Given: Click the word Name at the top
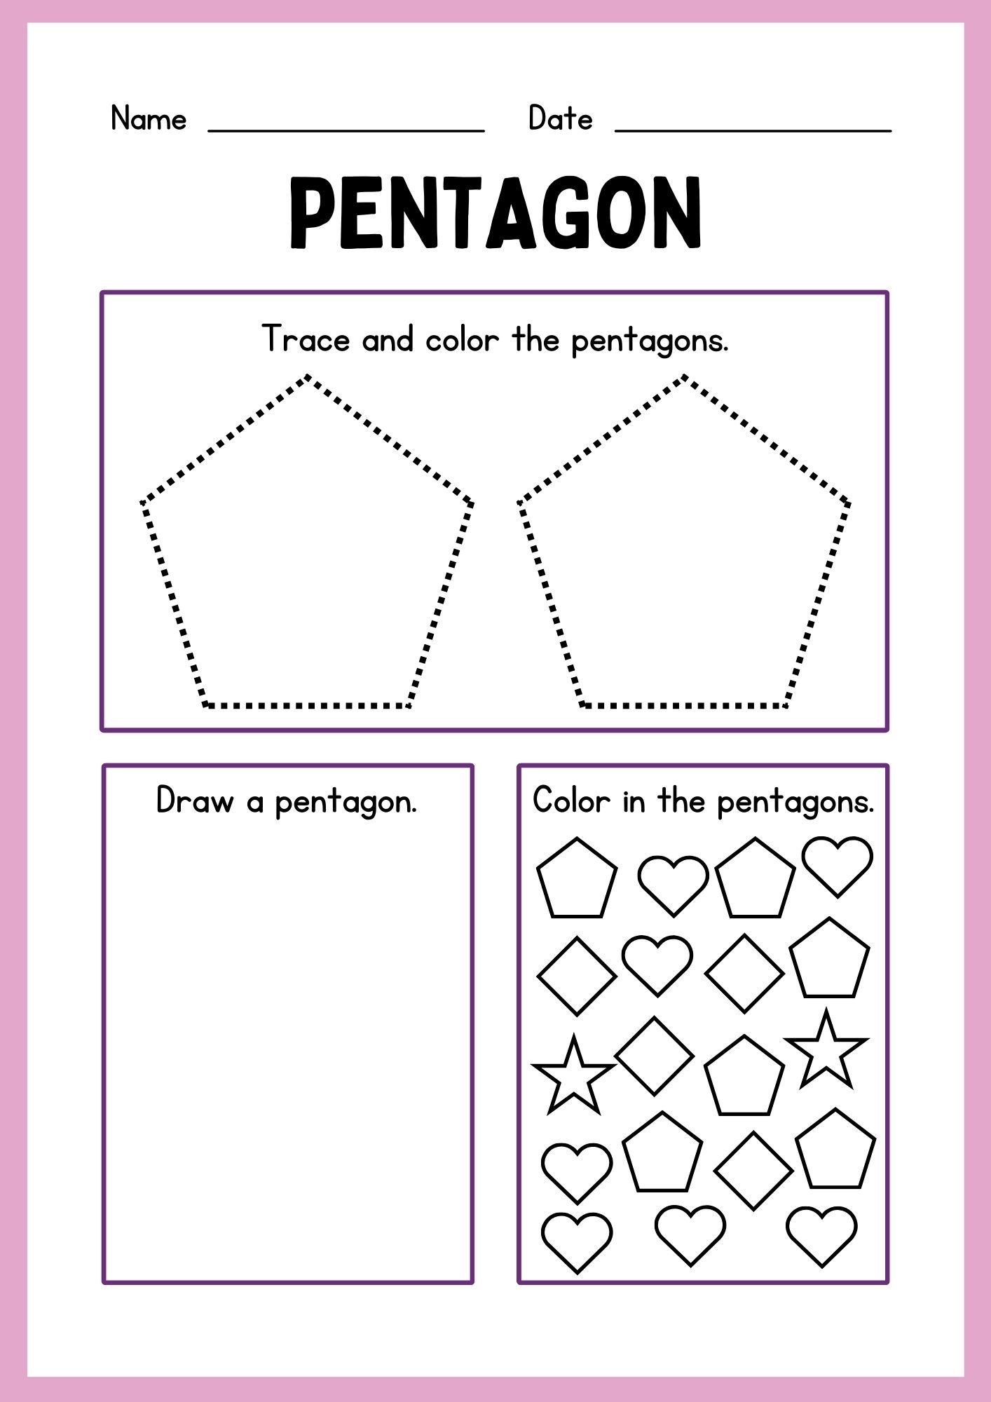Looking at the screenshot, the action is click(149, 118).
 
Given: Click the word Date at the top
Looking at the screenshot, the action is click(560, 118).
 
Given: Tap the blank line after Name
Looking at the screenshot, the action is click(346, 130).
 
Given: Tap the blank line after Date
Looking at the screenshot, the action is click(753, 130).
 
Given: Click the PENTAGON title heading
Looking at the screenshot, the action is click(496, 212).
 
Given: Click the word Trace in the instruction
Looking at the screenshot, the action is click(306, 339).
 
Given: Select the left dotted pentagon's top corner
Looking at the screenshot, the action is click(307, 378).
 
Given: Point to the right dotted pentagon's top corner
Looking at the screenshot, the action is click(684, 378).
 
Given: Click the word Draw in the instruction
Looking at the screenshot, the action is click(194, 801).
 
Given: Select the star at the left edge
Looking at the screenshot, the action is click(574, 1075).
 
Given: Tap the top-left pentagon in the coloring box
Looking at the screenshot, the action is click(577, 879).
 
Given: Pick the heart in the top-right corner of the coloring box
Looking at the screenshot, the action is click(838, 866).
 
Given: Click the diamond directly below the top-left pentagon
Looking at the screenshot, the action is click(577, 976).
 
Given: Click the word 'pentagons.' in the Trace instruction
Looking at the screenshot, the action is click(650, 341).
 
